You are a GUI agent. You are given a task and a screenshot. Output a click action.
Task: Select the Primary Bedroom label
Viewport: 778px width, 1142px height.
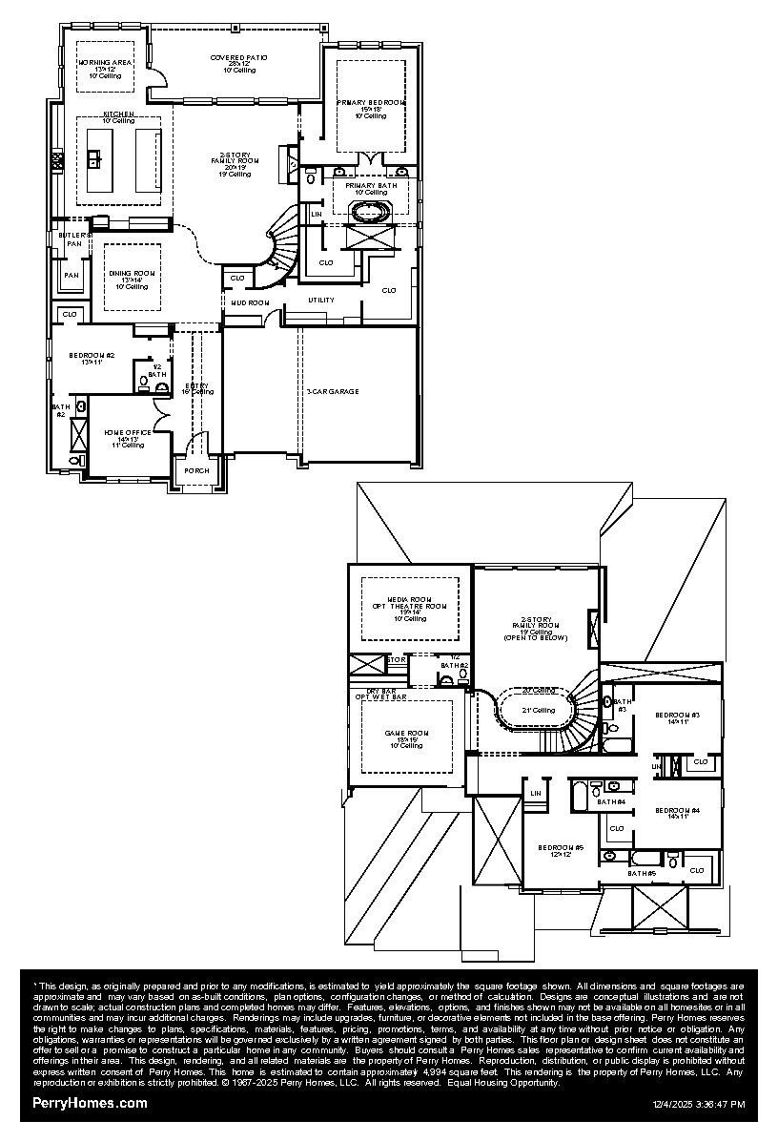pyautogui.click(x=370, y=102)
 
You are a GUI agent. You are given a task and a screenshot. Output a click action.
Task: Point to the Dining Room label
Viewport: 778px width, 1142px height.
pyautogui.click(x=132, y=274)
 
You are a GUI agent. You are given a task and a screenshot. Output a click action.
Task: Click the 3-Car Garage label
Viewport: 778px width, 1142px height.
pyautogui.click(x=332, y=391)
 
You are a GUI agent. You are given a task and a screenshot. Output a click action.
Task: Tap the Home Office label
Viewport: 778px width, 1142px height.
pyautogui.click(x=125, y=432)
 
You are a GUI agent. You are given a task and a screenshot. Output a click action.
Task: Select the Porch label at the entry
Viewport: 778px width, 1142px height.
pyautogui.click(x=196, y=470)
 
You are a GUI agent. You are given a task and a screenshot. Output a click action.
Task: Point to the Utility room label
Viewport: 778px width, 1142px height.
pyautogui.click(x=321, y=301)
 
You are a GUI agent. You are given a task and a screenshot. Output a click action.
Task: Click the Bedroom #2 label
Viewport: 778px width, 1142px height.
pyautogui.click(x=92, y=355)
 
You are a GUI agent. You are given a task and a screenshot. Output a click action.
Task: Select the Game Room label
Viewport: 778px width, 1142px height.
pyautogui.click(x=404, y=733)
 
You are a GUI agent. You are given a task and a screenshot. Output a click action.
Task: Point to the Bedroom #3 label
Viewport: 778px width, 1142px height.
pyautogui.click(x=677, y=715)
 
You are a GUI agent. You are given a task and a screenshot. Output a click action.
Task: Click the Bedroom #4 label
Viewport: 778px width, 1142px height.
pyautogui.click(x=677, y=810)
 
